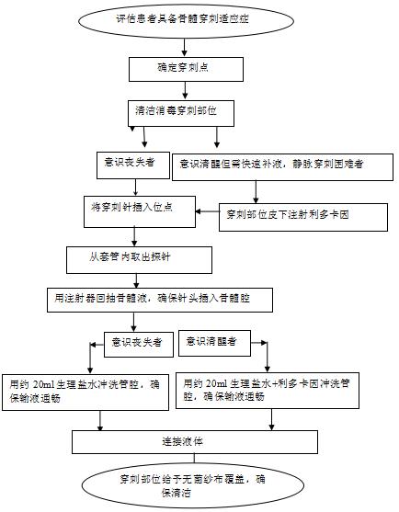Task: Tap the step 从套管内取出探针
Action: click(x=131, y=257)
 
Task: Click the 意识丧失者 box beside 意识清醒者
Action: click(x=136, y=342)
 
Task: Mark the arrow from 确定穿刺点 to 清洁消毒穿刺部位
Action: click(x=187, y=89)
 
